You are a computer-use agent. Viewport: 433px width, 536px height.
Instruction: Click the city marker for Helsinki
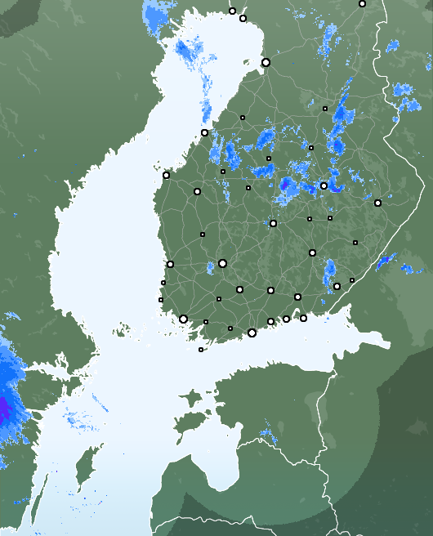[x=252, y=333]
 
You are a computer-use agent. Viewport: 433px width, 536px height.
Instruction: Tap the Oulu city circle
[x=266, y=62]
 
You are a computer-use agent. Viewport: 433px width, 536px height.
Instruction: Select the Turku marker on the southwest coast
[x=183, y=319]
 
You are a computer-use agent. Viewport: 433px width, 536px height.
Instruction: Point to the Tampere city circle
[x=222, y=263]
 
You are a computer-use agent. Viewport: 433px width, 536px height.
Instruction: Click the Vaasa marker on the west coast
[x=166, y=175]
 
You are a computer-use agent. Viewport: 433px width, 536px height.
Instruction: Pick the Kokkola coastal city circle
[x=204, y=132]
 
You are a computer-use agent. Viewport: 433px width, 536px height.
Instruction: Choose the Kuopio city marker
[x=324, y=185]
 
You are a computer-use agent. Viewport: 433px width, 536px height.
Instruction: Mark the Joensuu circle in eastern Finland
[x=377, y=203]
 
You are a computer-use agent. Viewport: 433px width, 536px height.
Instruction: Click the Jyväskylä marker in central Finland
[x=273, y=223]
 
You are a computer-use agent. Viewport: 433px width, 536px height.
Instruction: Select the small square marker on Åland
[x=201, y=350]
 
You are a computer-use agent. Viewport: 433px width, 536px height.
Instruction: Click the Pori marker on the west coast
[x=170, y=264]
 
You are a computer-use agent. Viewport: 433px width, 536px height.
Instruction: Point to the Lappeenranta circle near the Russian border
[x=337, y=286]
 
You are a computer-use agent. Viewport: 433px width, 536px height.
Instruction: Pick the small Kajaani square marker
[x=324, y=108]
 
